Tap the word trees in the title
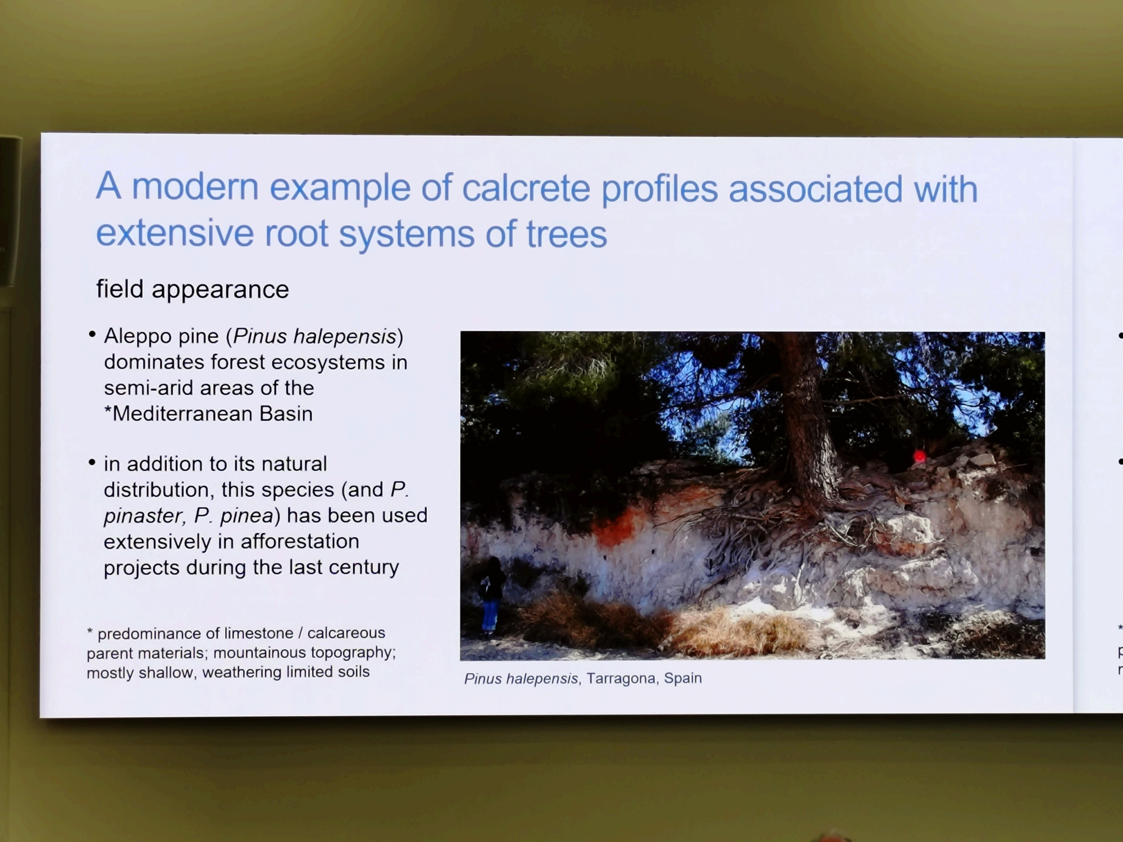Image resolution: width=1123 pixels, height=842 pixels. [x=567, y=234]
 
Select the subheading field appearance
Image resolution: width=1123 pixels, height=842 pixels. [x=193, y=290]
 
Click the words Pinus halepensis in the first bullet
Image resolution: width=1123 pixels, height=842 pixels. [x=314, y=336]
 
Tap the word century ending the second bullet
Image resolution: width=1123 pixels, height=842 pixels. [x=363, y=568]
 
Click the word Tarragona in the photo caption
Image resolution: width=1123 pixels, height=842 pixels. [x=622, y=679]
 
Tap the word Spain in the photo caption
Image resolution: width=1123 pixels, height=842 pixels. [x=683, y=678]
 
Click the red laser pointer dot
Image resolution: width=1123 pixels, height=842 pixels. [x=919, y=456]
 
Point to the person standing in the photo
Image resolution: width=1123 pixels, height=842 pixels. [x=491, y=595]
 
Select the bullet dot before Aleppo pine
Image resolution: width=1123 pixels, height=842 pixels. [x=92, y=335]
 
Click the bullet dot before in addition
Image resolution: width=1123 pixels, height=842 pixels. [x=92, y=463]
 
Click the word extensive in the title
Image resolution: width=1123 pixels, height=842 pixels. [x=175, y=233]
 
